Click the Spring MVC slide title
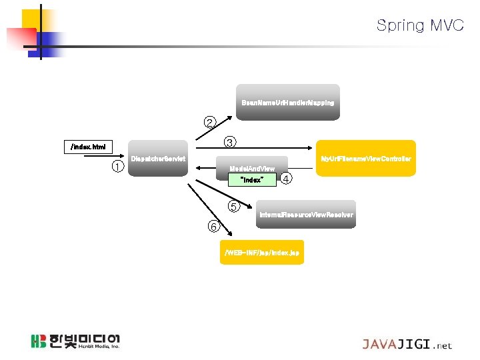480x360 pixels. tap(419, 25)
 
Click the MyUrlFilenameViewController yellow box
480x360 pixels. tap(365, 159)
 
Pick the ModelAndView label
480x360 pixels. tap(252, 169)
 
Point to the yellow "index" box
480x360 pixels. tap(251, 180)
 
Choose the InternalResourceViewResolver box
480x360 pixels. tap(306, 215)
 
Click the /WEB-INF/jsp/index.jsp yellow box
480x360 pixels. tap(262, 253)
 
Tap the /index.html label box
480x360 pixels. tap(88, 146)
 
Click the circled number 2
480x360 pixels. tap(210, 122)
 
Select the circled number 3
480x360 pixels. tap(229, 142)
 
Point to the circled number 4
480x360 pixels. tap(286, 179)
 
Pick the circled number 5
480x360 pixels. tap(233, 206)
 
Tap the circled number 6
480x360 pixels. tap(213, 227)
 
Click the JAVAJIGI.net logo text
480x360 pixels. tap(407, 345)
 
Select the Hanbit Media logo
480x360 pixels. tap(75, 341)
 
